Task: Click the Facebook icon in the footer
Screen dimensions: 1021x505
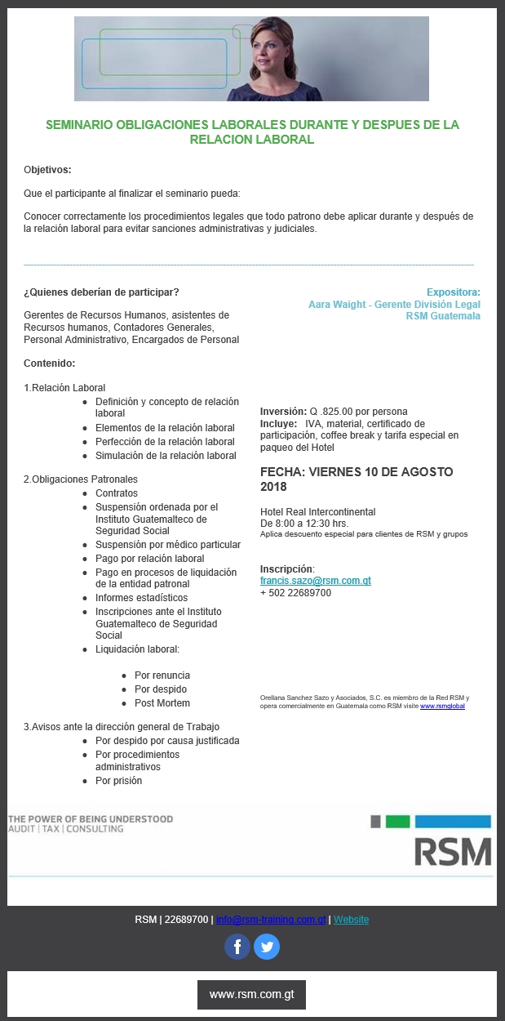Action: pyautogui.click(x=237, y=947)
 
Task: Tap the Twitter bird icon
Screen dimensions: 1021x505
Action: pyautogui.click(x=267, y=947)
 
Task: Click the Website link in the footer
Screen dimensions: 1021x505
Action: pyautogui.click(x=351, y=920)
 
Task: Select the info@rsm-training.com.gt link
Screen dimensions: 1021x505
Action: pyautogui.click(x=271, y=920)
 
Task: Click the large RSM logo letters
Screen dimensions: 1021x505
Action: pyautogui.click(x=452, y=851)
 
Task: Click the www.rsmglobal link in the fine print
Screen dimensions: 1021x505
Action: pyautogui.click(x=442, y=706)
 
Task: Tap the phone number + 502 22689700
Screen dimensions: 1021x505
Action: pyautogui.click(x=295, y=593)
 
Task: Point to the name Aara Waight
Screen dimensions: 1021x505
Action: pyautogui.click(x=335, y=305)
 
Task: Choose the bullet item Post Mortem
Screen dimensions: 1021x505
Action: pyautogui.click(x=162, y=703)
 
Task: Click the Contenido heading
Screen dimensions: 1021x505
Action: pyautogui.click(x=49, y=363)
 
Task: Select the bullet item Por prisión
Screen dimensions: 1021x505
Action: pyautogui.click(x=118, y=781)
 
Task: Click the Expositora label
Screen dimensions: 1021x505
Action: pyautogui.click(x=453, y=292)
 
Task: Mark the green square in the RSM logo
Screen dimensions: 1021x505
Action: pyautogui.click(x=397, y=822)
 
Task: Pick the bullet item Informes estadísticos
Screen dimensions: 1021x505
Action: pyautogui.click(x=141, y=598)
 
